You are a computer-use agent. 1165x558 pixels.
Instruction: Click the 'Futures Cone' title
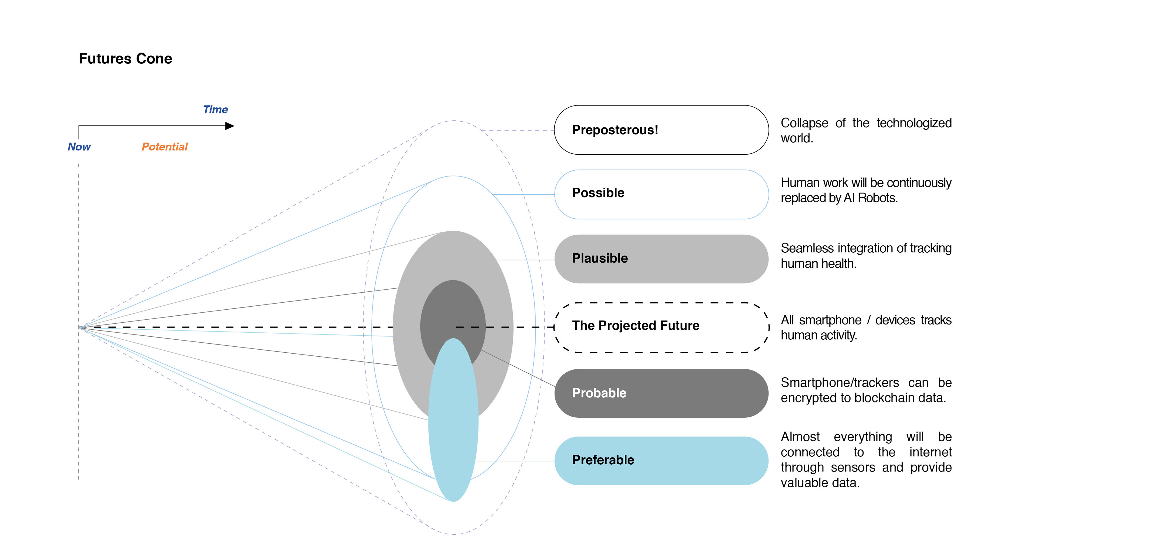(125, 59)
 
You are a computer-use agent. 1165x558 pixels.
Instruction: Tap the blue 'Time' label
(215, 109)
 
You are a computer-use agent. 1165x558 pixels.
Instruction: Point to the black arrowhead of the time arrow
(230, 126)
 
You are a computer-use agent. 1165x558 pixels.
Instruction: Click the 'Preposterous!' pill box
(661, 130)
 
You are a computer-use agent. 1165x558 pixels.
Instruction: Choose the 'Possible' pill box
(661, 194)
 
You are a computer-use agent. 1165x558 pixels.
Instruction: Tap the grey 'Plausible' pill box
(661, 259)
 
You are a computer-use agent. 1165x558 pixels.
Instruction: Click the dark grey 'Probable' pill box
(661, 393)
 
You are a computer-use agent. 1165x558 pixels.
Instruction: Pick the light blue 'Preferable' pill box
(661, 461)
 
